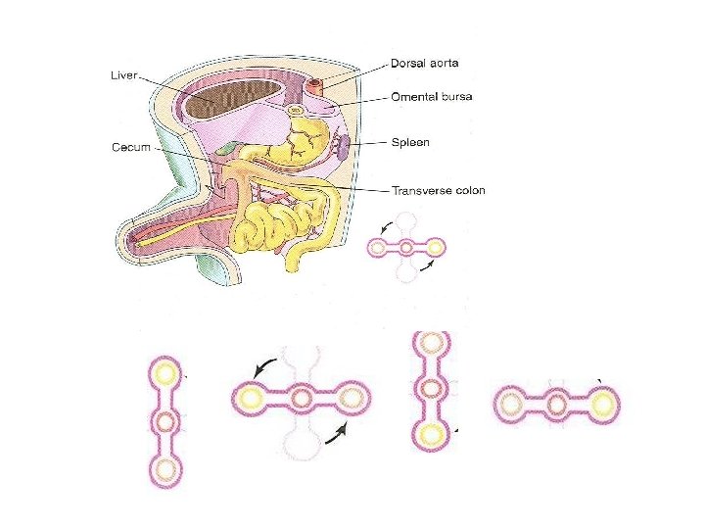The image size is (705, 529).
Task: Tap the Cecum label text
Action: click(x=131, y=147)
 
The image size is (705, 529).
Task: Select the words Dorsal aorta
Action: click(x=425, y=64)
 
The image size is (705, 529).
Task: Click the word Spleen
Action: click(x=411, y=143)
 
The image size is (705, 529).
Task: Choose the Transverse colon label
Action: click(x=438, y=190)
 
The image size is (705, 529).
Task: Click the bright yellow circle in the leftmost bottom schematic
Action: click(x=165, y=372)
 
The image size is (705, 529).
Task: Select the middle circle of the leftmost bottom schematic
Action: click(x=165, y=422)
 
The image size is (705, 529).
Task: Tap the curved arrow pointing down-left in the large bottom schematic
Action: click(x=261, y=367)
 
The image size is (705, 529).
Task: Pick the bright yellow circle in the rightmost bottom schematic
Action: click(x=603, y=403)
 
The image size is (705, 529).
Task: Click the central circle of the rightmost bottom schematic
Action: click(x=556, y=403)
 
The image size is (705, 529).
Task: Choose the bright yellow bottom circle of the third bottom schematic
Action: click(x=428, y=433)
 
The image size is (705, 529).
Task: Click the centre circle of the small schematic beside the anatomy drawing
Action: click(x=405, y=247)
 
